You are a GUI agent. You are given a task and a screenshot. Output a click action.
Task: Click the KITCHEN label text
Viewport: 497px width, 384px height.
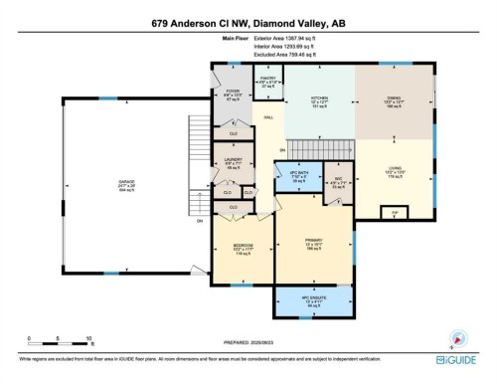(x=318, y=97)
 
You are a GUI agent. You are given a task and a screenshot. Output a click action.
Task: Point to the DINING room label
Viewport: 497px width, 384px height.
(x=394, y=97)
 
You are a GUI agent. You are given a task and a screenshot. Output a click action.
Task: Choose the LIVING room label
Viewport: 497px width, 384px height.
(x=394, y=167)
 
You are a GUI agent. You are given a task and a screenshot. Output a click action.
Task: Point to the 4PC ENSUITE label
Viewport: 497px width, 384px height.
(x=314, y=297)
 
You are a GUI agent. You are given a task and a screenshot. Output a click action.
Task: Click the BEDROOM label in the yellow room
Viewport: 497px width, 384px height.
(x=244, y=246)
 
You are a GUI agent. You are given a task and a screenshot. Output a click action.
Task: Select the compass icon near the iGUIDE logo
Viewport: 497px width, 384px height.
(x=459, y=339)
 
